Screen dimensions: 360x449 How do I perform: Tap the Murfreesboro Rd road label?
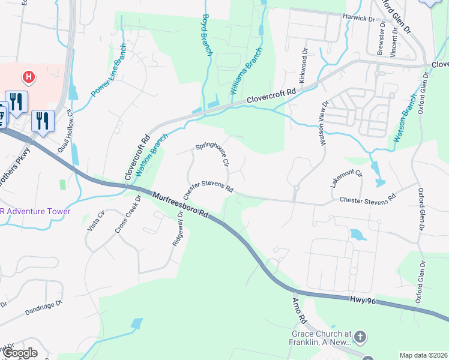click(180, 205)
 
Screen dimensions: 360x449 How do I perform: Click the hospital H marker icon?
click(28, 77)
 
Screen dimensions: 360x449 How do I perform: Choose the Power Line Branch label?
click(109, 70)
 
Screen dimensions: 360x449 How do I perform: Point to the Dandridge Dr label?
click(44, 308)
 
